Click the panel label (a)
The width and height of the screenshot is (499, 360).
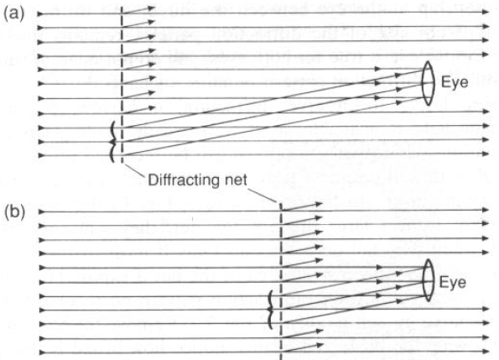pos(13,14)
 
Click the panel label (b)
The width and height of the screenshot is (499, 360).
pos(14,212)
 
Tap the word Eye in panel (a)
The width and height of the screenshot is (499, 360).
pos(455,83)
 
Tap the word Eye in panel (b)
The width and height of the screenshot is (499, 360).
pos(453,283)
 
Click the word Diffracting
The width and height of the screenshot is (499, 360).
pos(179,180)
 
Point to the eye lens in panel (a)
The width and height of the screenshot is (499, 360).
pos(428,83)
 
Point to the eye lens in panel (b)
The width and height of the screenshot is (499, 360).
pos(429,280)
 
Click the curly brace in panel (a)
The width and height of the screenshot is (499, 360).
pos(112,142)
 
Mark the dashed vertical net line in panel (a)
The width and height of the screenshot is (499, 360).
pos(122,85)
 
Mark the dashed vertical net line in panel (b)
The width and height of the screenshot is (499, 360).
pos(281,281)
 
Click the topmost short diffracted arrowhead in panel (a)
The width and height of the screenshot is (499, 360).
pos(151,8)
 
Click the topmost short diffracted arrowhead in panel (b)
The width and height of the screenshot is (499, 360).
pos(319,205)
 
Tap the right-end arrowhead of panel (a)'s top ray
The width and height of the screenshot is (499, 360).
pos(485,12)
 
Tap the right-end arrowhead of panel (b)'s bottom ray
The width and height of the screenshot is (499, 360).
pos(485,352)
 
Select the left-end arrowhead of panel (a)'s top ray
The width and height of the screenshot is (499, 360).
pos(41,13)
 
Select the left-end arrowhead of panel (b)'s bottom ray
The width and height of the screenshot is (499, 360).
pos(43,352)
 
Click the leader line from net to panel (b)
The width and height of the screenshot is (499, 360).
pos(262,196)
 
